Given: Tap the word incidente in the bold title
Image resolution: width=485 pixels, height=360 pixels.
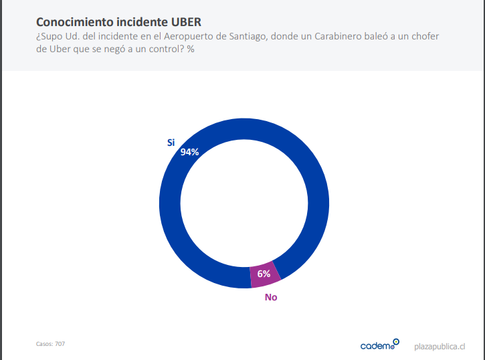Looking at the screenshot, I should (140, 22).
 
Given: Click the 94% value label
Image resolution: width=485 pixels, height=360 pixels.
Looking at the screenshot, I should (190, 152).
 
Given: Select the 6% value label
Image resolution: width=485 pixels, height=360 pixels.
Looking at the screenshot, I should (264, 274).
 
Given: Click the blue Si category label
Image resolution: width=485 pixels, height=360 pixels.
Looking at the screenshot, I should (171, 142).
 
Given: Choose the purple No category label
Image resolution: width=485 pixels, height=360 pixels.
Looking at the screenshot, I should (270, 297).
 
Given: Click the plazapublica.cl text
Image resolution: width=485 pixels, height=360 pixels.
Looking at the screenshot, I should (440, 346).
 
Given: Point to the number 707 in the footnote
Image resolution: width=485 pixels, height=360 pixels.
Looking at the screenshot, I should (60, 344).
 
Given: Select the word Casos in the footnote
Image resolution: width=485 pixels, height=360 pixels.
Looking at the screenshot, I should (44, 344).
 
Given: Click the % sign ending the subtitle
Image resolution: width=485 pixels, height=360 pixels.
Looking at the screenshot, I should (191, 49).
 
